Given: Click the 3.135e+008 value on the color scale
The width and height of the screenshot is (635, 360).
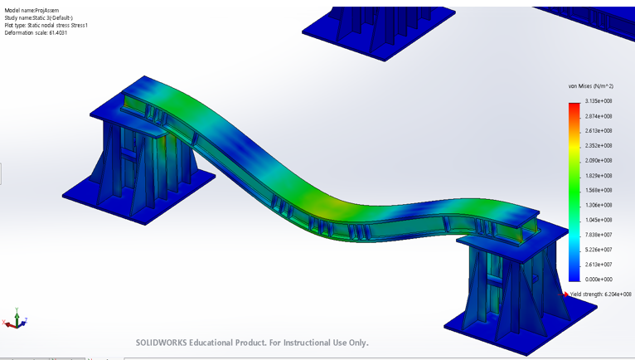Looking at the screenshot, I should click(x=597, y=101).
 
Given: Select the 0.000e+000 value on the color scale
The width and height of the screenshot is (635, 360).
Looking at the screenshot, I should click(x=597, y=280).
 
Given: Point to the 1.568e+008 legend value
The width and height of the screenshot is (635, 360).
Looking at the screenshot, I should click(x=597, y=191).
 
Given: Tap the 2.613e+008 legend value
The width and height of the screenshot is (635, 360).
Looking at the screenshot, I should click(x=597, y=131).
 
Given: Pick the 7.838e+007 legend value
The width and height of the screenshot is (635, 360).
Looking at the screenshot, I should click(x=597, y=235).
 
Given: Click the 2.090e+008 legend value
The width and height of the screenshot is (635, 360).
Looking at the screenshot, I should click(x=597, y=161).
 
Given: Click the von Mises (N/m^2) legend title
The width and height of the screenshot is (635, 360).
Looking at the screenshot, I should click(x=590, y=86).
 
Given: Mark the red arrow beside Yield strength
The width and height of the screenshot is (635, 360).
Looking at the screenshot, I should click(x=566, y=294).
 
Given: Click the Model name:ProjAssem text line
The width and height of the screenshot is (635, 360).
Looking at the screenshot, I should click(x=34, y=11).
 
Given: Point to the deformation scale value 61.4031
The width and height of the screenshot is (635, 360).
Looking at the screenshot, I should click(x=56, y=33).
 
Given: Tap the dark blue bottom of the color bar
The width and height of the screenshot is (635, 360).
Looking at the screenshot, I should click(x=574, y=276).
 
